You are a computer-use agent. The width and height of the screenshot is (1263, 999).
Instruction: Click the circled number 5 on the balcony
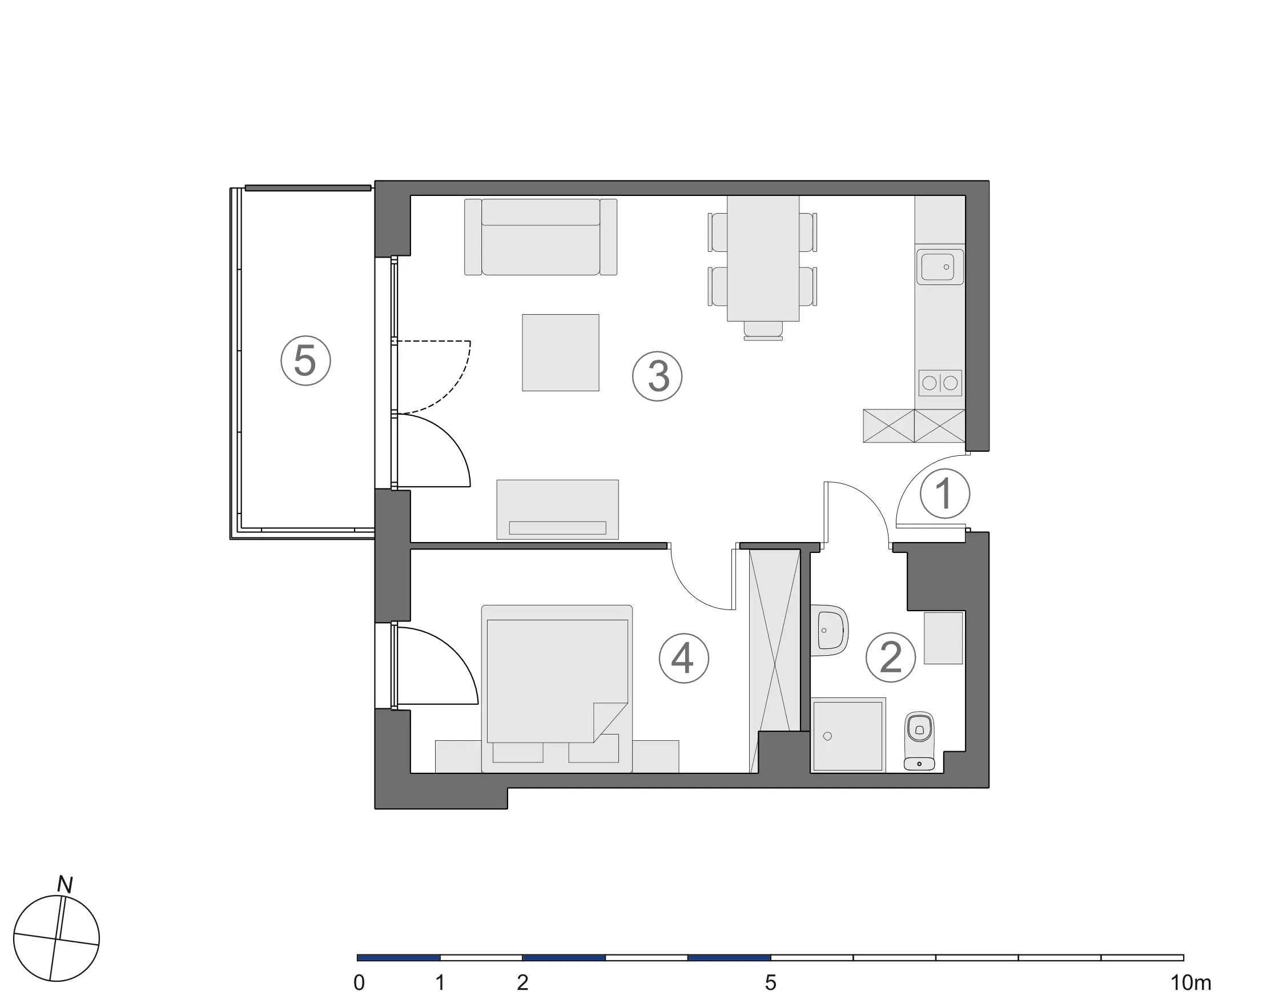pyautogui.click(x=305, y=360)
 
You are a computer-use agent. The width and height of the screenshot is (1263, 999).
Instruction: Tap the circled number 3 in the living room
pyautogui.click(x=657, y=376)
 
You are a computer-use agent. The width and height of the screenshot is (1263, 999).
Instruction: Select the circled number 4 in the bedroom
pyautogui.click(x=683, y=658)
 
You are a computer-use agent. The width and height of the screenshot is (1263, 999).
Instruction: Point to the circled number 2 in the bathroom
pyautogui.click(x=891, y=657)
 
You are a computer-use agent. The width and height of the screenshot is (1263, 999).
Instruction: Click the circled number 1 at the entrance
pyautogui.click(x=945, y=494)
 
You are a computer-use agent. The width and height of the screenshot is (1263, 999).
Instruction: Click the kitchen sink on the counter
pyautogui.click(x=940, y=267)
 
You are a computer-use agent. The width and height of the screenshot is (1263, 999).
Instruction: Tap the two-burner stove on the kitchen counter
pyautogui.click(x=940, y=383)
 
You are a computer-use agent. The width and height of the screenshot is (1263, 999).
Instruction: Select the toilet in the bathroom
pyautogui.click(x=919, y=740)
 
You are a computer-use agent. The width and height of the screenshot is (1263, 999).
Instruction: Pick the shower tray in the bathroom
pyautogui.click(x=848, y=735)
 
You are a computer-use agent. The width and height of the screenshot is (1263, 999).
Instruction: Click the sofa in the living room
pyautogui.click(x=541, y=237)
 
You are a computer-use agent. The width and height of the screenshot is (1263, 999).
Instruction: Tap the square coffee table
pyautogui.click(x=560, y=352)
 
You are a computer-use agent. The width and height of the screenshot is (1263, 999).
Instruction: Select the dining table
pyautogui.click(x=763, y=258)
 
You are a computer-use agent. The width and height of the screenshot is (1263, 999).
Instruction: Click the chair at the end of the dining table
pyautogui.click(x=763, y=331)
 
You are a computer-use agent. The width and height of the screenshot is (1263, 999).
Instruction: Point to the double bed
pyautogui.click(x=557, y=688)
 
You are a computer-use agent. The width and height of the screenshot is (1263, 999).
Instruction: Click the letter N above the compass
pyautogui.click(x=65, y=885)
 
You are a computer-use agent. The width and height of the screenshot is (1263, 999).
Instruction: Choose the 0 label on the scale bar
pyautogui.click(x=359, y=982)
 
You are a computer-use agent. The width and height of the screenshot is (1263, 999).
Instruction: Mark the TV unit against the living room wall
pyautogui.click(x=557, y=509)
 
